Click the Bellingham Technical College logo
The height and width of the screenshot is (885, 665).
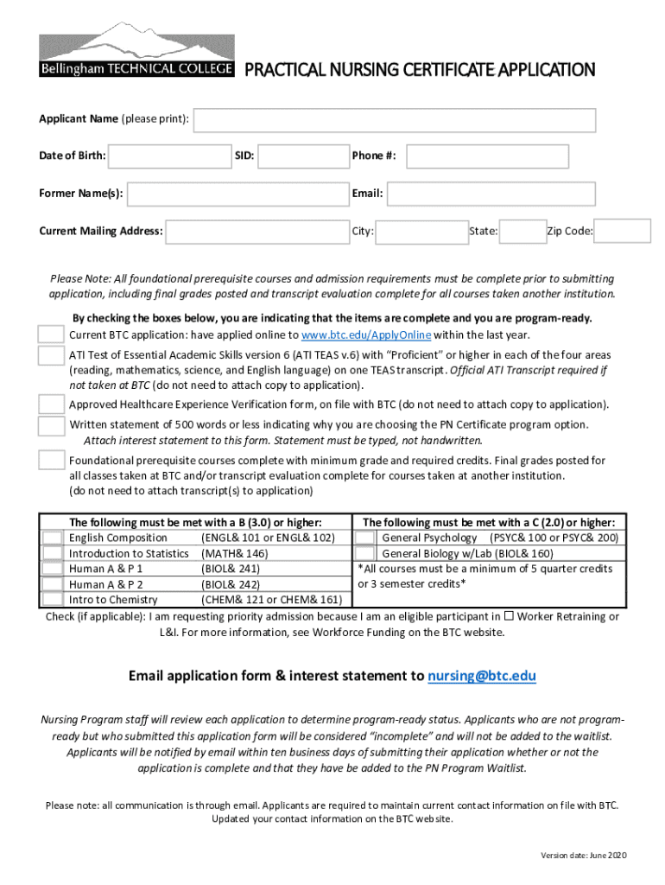[136, 51]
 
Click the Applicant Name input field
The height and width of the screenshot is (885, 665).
[395, 121]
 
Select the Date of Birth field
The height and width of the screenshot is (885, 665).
[169, 156]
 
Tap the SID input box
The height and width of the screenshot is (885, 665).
[302, 156]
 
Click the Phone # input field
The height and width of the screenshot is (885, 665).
[488, 156]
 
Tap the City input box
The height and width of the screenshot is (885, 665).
[421, 232]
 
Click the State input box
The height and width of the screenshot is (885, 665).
[522, 232]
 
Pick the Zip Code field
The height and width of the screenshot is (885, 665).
[623, 232]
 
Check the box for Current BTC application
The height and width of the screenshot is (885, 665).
[51, 334]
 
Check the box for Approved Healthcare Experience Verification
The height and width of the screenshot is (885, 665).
[51, 404]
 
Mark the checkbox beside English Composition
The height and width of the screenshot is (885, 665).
[54, 538]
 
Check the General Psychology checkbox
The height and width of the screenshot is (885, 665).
[365, 538]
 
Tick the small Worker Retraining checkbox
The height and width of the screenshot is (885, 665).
[510, 616]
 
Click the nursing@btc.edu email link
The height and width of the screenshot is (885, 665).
[482, 676]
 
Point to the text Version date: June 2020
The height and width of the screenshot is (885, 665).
[584, 856]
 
